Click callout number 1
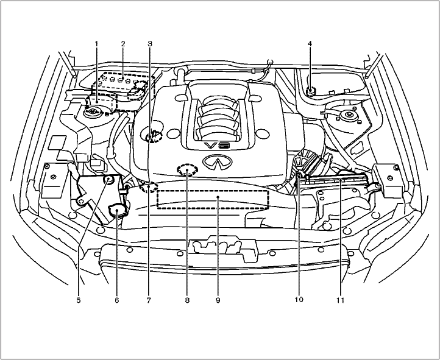click(96, 44)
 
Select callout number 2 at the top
click(123, 44)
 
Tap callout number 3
click(150, 44)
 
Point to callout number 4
click(310, 44)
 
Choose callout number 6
click(117, 300)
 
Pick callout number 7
click(149, 300)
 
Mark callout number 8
click(188, 300)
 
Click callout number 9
click(218, 300)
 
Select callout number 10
click(299, 300)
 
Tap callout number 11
click(341, 300)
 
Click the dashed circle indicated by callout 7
click(148, 187)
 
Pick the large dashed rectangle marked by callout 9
click(213, 199)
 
